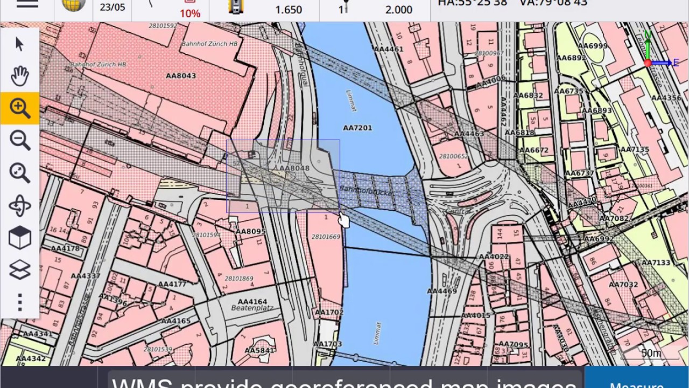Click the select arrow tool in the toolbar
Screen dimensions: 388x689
tap(20, 44)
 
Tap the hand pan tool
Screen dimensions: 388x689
tap(20, 76)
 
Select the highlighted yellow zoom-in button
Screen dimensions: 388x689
tap(20, 108)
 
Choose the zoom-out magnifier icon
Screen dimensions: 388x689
tap(20, 141)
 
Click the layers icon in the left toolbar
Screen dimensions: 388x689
tap(20, 270)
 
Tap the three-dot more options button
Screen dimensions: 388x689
tap(20, 302)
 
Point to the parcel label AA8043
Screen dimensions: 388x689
tap(181, 76)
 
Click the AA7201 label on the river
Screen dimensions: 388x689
tap(357, 128)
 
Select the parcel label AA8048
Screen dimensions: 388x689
tap(294, 168)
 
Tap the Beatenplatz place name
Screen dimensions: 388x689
tap(252, 308)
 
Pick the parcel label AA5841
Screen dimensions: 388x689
tap(259, 351)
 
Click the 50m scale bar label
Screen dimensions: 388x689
tap(651, 353)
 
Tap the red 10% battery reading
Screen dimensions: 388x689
tap(190, 13)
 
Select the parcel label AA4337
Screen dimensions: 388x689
tap(86, 276)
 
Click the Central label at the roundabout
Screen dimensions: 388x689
tap(456, 212)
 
